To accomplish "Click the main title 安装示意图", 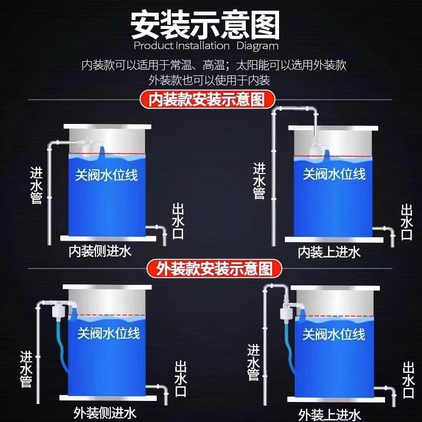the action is click(x=205, y=23).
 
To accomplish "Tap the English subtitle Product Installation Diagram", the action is click(x=206, y=46).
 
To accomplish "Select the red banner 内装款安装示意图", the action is click(x=206, y=99).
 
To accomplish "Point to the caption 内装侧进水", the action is click(x=100, y=251).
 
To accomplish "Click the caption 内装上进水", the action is click(x=329, y=252).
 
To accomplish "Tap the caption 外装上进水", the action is click(x=330, y=414).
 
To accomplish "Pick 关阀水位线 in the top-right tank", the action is click(x=334, y=174).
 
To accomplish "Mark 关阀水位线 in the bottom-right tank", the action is click(x=333, y=334).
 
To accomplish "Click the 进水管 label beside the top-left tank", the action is click(x=36, y=185).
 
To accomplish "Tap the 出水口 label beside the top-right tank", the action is click(x=406, y=222).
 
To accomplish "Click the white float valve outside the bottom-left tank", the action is click(x=56, y=315).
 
